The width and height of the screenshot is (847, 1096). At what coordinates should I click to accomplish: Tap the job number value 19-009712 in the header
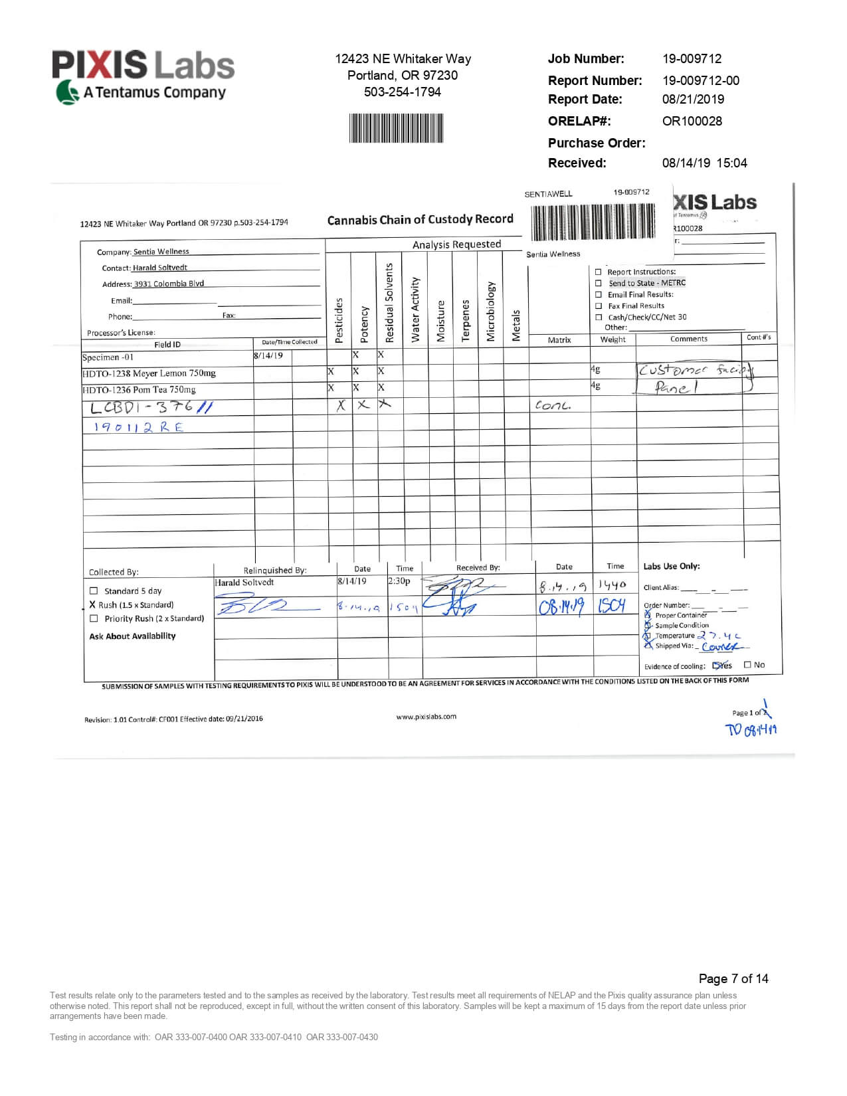click(692, 58)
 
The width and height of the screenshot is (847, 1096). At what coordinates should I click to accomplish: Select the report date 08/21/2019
click(693, 99)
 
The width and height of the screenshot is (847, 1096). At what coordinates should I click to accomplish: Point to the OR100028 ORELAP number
click(692, 121)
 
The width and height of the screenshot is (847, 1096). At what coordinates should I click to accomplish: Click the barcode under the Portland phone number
click(396, 128)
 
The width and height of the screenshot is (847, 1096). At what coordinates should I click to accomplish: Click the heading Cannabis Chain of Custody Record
click(420, 219)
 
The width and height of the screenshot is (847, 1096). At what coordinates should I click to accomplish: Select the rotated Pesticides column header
click(339, 320)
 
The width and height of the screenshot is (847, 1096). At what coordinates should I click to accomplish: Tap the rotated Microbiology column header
click(491, 312)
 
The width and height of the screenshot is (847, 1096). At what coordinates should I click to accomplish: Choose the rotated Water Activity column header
click(415, 310)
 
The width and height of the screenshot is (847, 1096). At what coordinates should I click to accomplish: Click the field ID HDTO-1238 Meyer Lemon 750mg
click(149, 373)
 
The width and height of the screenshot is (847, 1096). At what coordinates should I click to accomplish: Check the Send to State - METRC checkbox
click(599, 283)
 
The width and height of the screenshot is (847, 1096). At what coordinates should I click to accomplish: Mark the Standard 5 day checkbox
click(94, 591)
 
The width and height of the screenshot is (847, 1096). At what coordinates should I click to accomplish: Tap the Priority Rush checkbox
click(94, 618)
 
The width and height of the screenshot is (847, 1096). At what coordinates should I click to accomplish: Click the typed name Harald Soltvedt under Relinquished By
click(244, 583)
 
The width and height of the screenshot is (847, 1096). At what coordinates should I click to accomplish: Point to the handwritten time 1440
click(612, 585)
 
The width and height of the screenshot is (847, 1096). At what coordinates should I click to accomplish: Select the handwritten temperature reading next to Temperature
click(719, 636)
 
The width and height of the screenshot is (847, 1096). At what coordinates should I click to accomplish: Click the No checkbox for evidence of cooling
click(747, 664)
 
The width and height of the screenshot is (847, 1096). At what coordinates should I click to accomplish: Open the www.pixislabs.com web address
click(426, 717)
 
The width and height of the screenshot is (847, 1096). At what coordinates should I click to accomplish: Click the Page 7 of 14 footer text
click(733, 978)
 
